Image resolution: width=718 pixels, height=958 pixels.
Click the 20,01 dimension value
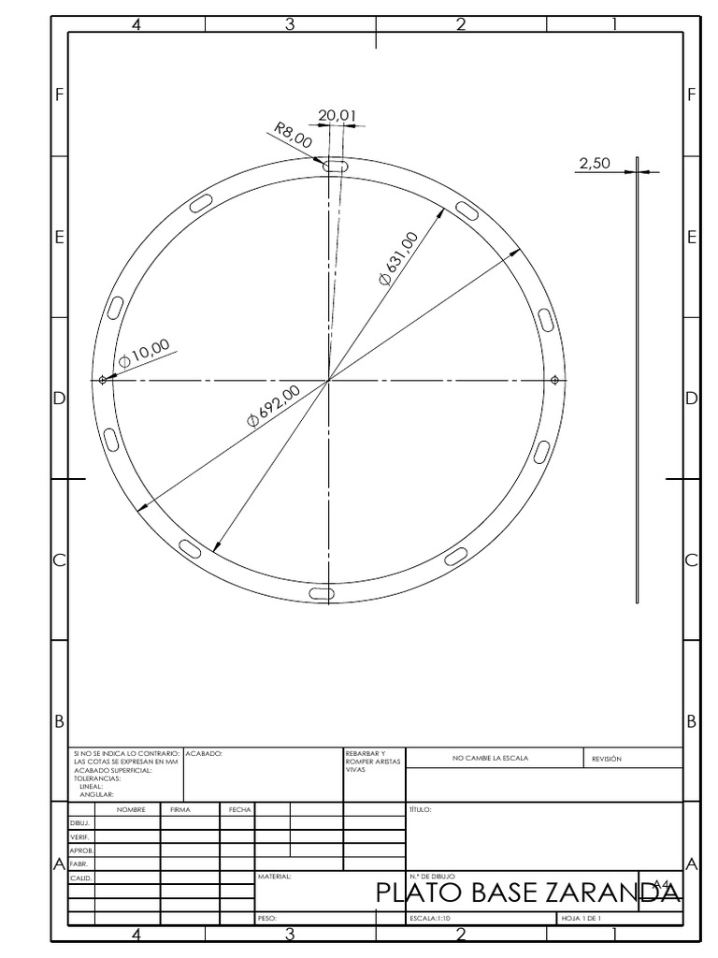[337, 115]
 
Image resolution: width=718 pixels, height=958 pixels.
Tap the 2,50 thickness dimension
[594, 163]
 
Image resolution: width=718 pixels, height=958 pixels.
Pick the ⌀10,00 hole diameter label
[144, 353]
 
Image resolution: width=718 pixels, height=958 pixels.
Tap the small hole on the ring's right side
[555, 379]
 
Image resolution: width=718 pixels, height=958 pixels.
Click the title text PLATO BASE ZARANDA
[527, 893]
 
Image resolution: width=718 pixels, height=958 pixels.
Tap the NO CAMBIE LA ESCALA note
[495, 759]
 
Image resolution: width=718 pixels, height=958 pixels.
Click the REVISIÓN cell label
[607, 759]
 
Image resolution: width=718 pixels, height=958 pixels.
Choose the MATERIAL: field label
[274, 878]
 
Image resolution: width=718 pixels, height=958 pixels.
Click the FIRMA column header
[180, 809]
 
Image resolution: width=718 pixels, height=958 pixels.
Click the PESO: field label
[267, 919]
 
